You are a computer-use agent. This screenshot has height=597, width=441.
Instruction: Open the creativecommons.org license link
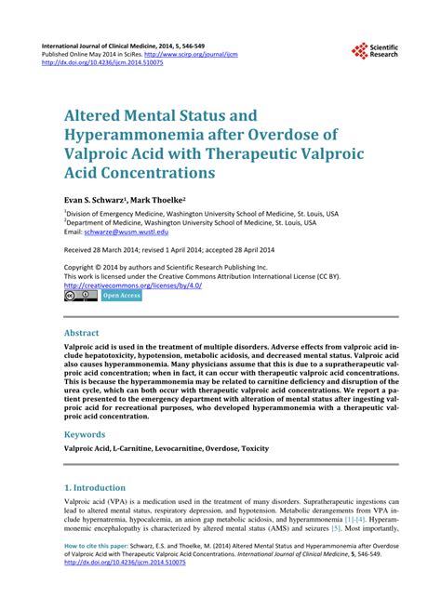(132, 285)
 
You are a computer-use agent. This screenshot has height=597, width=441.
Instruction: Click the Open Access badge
(122, 297)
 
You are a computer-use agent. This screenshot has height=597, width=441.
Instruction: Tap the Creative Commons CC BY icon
(80, 297)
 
